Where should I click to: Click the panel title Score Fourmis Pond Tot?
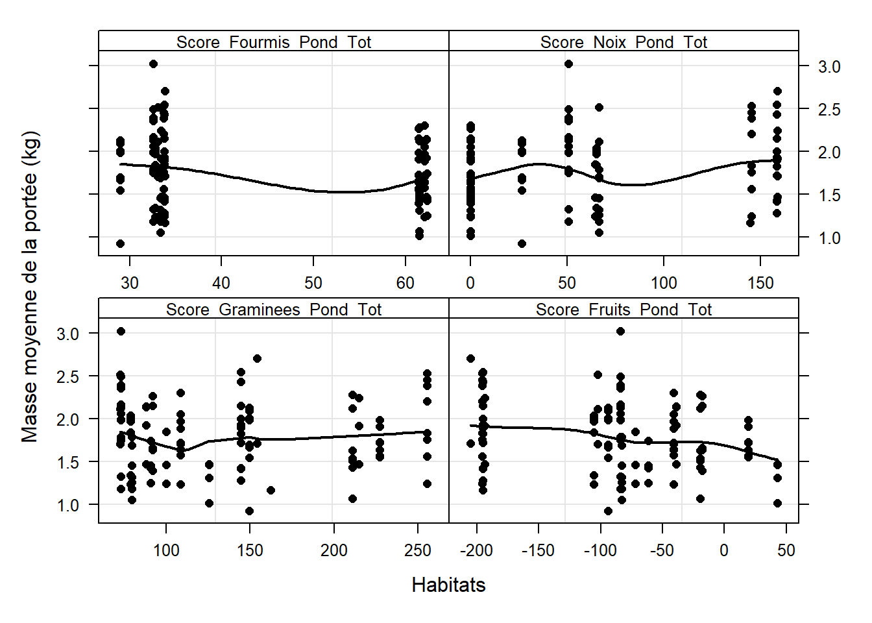point(273,42)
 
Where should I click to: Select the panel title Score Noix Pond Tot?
point(624,42)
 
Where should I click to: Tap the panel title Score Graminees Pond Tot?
point(273,310)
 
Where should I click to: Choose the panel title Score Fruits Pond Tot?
point(624,310)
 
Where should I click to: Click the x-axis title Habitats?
point(448,585)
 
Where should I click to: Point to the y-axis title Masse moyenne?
point(30,287)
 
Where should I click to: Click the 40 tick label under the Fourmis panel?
point(221,283)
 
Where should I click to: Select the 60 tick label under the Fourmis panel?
point(406,283)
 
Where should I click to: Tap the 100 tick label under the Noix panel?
point(664,283)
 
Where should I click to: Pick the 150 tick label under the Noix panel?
point(760,283)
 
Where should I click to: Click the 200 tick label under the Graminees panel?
point(333,550)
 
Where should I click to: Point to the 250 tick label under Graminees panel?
point(417,550)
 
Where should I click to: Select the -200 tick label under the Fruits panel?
point(476,550)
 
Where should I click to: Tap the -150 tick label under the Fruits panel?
point(538,550)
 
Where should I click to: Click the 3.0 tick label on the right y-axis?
point(829,66)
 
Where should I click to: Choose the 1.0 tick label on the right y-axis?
point(829,238)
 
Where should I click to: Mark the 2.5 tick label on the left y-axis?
point(67,376)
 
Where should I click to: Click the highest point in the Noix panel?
point(568,64)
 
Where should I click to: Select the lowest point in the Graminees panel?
point(249,511)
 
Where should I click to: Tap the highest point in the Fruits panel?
point(620,331)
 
